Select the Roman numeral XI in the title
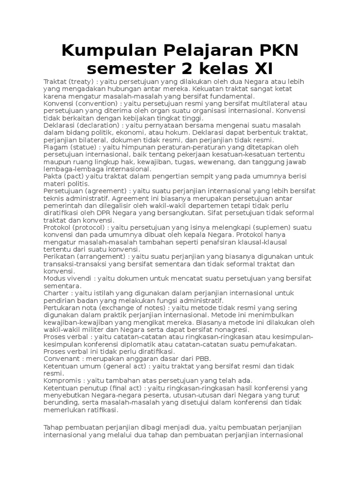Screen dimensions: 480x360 [261, 68]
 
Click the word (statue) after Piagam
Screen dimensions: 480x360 [83, 147]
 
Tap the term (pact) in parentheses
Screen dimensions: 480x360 [71, 176]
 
